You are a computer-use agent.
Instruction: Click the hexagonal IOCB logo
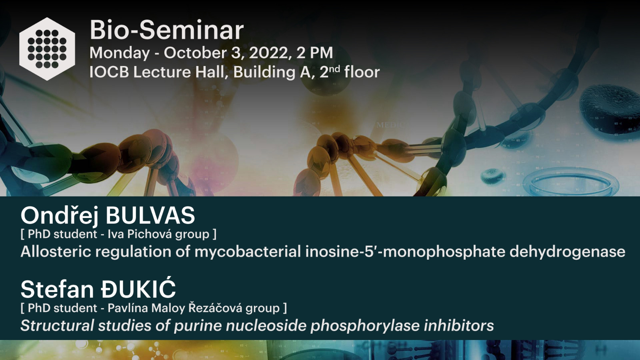[x=47, y=49]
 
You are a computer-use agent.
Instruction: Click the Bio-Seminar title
[x=166, y=30]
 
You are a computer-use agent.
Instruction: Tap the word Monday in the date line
[x=120, y=53]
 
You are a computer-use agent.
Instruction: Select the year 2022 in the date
[x=268, y=53]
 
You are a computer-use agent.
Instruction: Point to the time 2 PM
[x=314, y=53]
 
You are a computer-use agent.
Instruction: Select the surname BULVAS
[x=150, y=216]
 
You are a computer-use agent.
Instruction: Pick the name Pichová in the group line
[x=150, y=234]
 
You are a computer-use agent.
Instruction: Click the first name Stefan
[x=57, y=289]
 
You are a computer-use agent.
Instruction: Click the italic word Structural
[x=57, y=326]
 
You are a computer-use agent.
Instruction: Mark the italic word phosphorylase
[x=365, y=326]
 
